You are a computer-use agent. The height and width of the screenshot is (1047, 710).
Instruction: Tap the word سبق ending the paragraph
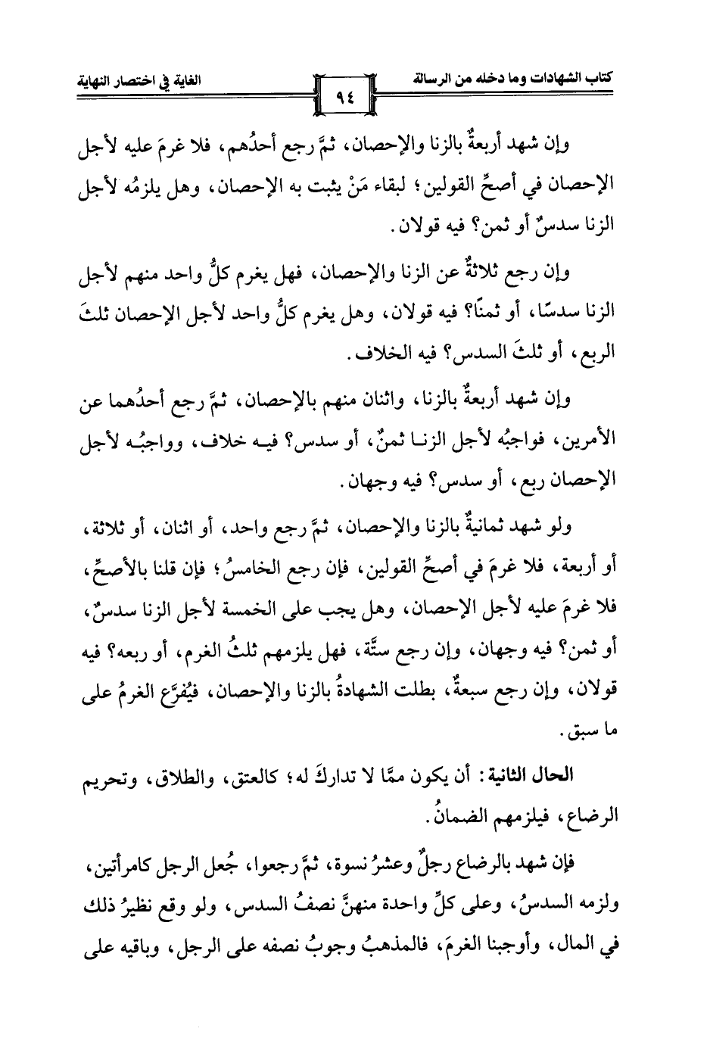click(593, 733)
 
